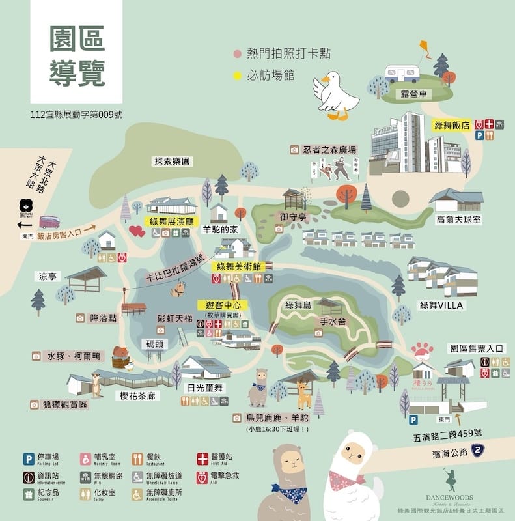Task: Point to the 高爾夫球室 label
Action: (459, 220)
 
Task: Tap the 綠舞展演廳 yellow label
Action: (172, 222)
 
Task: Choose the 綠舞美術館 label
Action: (239, 266)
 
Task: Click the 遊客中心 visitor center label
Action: (223, 305)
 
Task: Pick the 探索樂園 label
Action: (173, 161)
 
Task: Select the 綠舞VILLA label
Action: (441, 305)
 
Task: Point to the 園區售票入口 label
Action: (477, 349)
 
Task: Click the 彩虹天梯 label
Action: (175, 318)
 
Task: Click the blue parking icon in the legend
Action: (29, 459)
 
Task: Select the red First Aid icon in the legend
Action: (201, 459)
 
